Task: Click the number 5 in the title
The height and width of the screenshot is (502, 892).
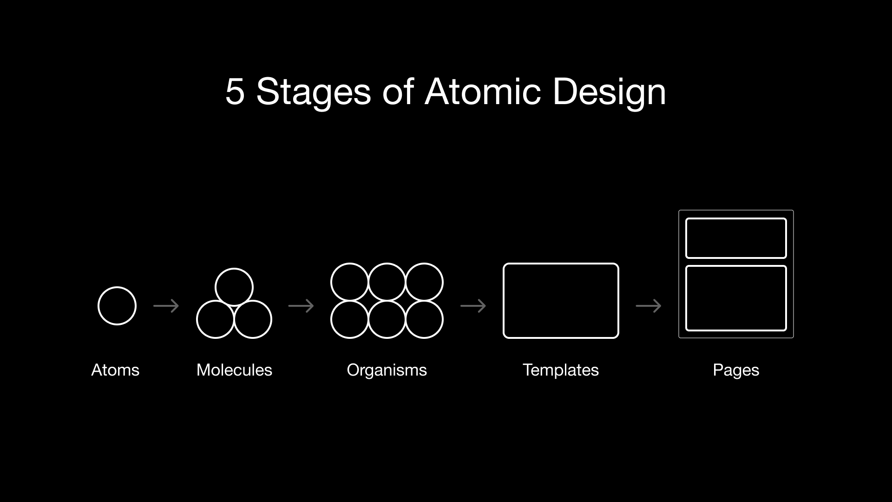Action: pos(235,92)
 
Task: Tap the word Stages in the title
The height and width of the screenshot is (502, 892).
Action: pos(314,92)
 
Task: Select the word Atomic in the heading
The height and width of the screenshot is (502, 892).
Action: pos(483,92)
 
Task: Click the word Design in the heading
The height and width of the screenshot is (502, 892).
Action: pos(609,92)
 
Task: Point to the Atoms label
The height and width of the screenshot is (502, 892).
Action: pos(115,370)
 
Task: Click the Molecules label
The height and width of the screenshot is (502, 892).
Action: pos(234,370)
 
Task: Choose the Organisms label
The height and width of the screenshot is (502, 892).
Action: pos(387,370)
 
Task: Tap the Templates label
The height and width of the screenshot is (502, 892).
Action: pos(561,370)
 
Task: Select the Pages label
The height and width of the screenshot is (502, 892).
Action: pos(736,370)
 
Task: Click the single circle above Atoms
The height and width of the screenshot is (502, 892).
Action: pos(117,306)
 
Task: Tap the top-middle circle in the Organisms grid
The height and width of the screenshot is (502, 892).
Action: pos(387,282)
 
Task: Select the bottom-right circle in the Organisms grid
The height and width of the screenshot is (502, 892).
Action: pos(424,319)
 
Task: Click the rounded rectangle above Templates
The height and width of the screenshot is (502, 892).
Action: pos(561,301)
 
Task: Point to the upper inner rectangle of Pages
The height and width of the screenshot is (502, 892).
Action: pos(736,238)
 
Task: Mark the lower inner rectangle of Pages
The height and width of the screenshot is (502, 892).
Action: pos(736,298)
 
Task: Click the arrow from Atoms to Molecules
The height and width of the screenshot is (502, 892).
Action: pos(166,306)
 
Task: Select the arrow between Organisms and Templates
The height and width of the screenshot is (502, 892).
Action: pos(473,306)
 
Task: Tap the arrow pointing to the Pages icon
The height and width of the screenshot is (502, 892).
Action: pos(649,306)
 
